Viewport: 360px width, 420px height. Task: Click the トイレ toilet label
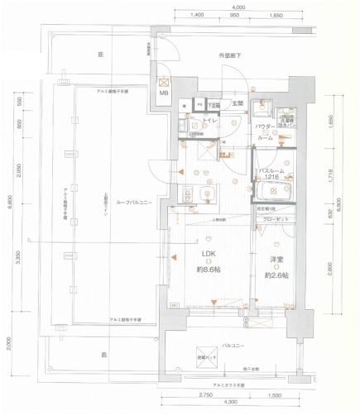pos(210,121)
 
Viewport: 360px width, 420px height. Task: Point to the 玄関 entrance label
pos(237,103)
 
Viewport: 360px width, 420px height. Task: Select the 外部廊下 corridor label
pos(230,55)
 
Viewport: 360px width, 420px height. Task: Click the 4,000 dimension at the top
pos(238,7)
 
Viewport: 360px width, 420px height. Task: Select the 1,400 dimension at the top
pos(197,16)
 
